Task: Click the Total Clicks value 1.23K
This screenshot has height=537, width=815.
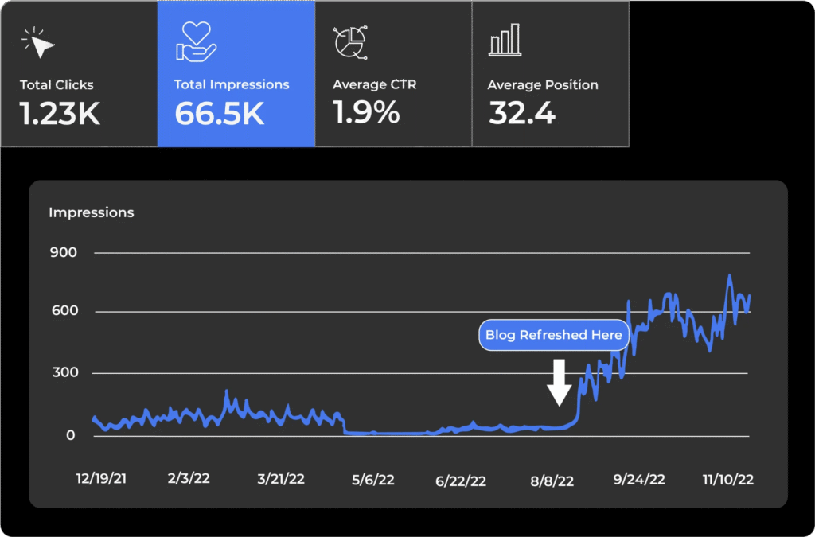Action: pyautogui.click(x=60, y=114)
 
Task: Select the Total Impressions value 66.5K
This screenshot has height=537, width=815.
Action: pyautogui.click(x=220, y=114)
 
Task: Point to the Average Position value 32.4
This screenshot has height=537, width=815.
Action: pyautogui.click(x=522, y=114)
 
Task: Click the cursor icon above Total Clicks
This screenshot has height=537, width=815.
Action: pyautogui.click(x=39, y=42)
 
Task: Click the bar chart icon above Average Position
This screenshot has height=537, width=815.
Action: pyautogui.click(x=505, y=40)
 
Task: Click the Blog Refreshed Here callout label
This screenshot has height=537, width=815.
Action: pyautogui.click(x=554, y=335)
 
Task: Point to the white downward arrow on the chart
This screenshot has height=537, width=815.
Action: pyautogui.click(x=560, y=382)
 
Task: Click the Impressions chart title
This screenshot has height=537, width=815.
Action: pyautogui.click(x=92, y=212)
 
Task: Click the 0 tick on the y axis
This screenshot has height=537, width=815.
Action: pyautogui.click(x=71, y=436)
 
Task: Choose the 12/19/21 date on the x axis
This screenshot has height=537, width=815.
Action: pyautogui.click(x=101, y=479)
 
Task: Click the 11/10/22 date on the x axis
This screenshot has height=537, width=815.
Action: pyautogui.click(x=727, y=479)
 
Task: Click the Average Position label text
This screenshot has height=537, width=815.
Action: pyautogui.click(x=543, y=85)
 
